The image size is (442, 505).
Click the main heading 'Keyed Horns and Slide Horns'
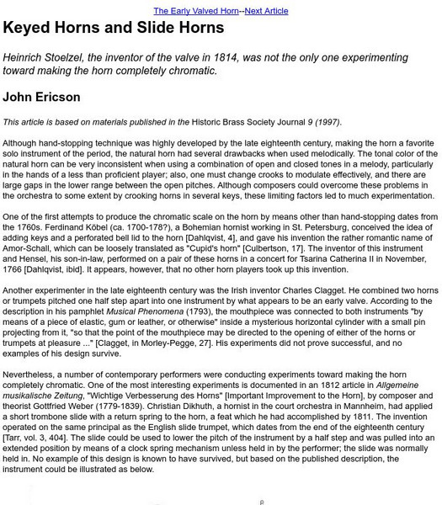tap(114, 28)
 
